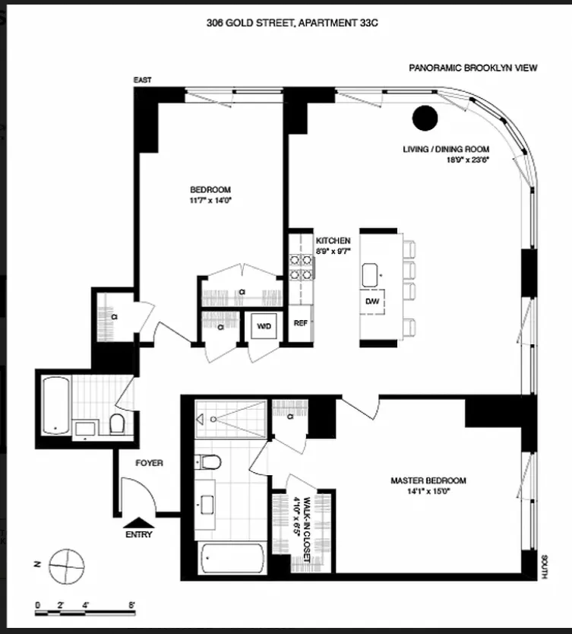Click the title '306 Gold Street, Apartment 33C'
(x=292, y=24)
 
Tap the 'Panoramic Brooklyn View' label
(x=472, y=68)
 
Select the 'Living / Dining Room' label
(x=446, y=149)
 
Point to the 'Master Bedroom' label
(x=428, y=480)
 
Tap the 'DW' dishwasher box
(x=371, y=301)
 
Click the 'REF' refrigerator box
(x=300, y=322)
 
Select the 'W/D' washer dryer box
(x=264, y=326)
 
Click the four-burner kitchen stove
(x=300, y=265)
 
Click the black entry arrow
(x=137, y=521)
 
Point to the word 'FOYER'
(x=149, y=462)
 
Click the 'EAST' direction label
(x=142, y=79)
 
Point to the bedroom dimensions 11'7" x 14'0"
(x=210, y=201)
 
